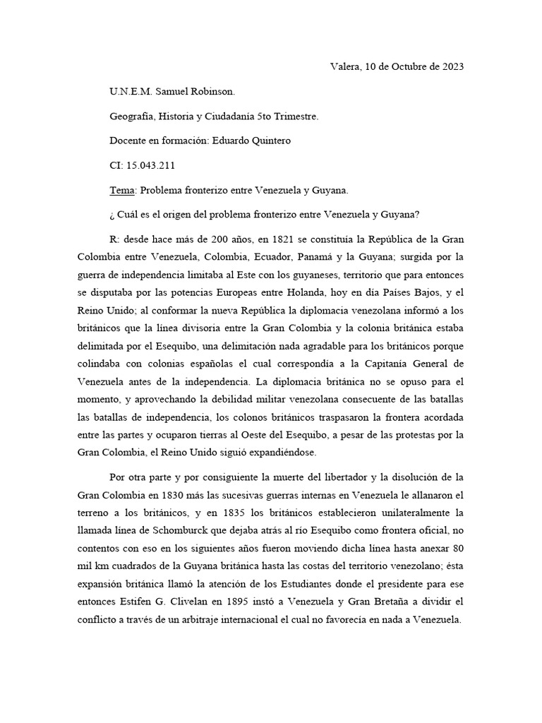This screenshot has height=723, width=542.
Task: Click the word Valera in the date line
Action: [x=344, y=67]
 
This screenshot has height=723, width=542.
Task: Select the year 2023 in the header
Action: [x=450, y=67]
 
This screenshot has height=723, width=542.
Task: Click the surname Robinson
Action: [x=219, y=92]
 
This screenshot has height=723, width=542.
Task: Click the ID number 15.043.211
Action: [x=150, y=166]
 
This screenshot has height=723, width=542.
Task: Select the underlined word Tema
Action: [x=122, y=191]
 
